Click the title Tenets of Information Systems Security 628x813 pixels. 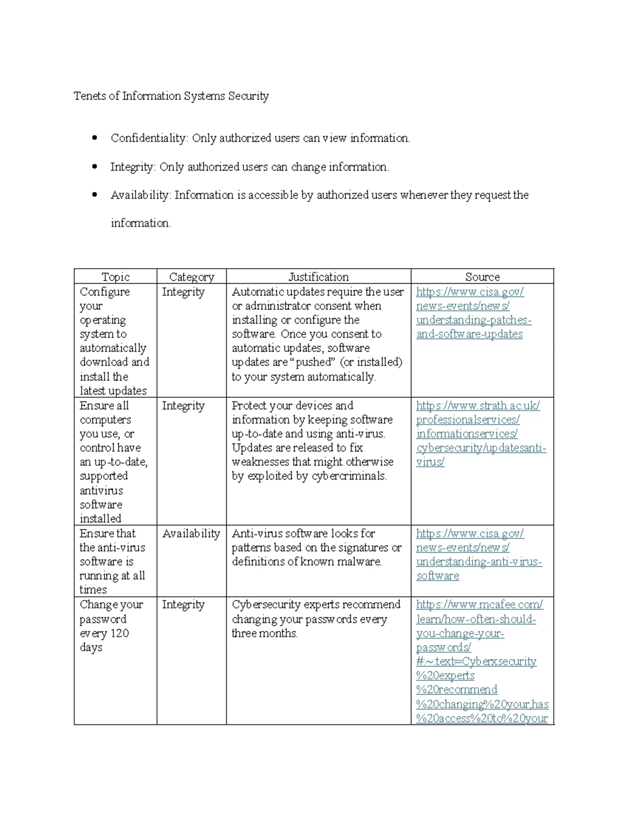point(171,96)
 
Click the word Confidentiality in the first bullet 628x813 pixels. point(149,138)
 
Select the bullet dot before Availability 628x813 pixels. point(94,195)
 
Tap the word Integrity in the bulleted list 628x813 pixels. point(132,167)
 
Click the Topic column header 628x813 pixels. point(115,277)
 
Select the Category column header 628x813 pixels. point(192,277)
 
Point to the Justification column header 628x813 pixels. point(318,277)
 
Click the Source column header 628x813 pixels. point(482,277)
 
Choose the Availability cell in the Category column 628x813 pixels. point(191,533)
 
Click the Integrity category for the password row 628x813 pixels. point(183,605)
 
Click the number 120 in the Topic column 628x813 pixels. point(119,633)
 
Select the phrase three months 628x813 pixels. point(264,633)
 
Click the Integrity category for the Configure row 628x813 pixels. point(183,292)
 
